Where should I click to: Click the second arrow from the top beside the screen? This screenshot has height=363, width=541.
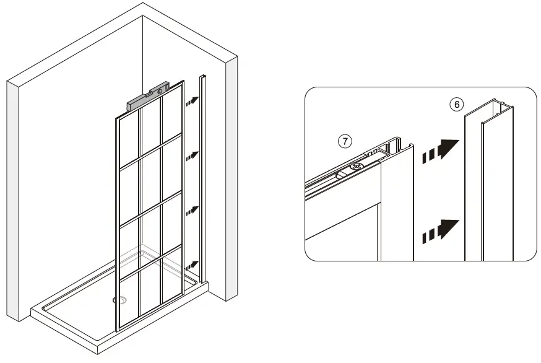(x=192, y=155)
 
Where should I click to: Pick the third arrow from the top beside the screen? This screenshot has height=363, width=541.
(x=192, y=210)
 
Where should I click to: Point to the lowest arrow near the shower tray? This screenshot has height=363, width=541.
(x=192, y=265)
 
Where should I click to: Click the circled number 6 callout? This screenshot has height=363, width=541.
(x=456, y=104)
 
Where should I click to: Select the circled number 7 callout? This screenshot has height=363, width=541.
(x=345, y=141)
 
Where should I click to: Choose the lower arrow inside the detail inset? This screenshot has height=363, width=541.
(x=440, y=230)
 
